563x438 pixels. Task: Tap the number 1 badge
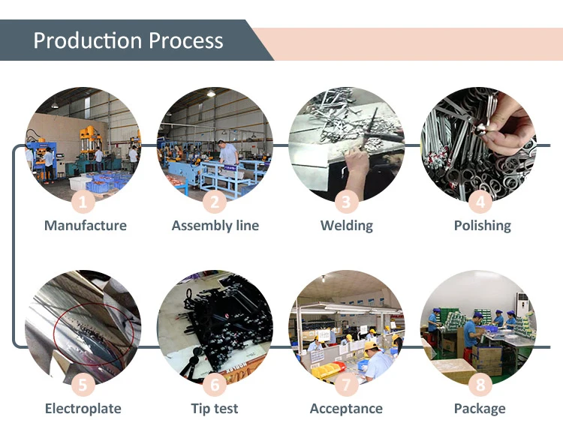[x=84, y=201]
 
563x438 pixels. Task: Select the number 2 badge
[x=215, y=201]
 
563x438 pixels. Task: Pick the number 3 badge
[x=346, y=201]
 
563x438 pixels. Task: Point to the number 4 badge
[x=480, y=201]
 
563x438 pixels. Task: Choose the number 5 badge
[x=84, y=385]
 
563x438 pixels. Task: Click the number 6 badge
[x=215, y=385]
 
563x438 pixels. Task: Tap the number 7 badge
[x=346, y=385]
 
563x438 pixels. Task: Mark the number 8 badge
[x=480, y=385]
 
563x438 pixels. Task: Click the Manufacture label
[x=85, y=226]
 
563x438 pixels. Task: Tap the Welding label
[x=346, y=226]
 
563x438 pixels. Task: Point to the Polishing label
[x=482, y=226]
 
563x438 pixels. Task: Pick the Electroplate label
[x=83, y=409]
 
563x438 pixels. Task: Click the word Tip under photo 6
[x=200, y=409]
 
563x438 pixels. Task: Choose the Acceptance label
[x=346, y=409]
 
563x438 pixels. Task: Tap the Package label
[x=480, y=409]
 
